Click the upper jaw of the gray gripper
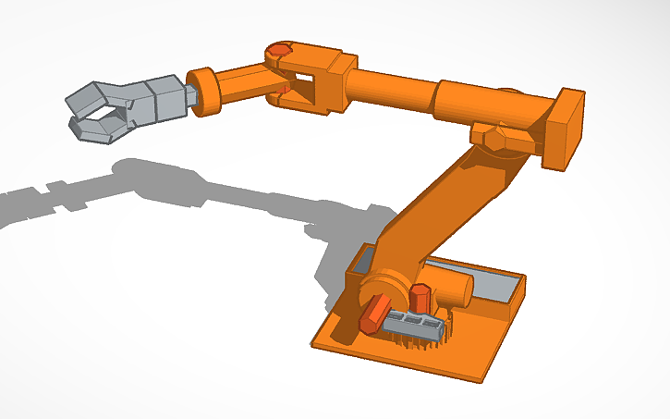(x=92, y=94)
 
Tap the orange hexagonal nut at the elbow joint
(x=495, y=138)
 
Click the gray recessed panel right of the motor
(x=499, y=287)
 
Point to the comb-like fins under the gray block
(x=420, y=341)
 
